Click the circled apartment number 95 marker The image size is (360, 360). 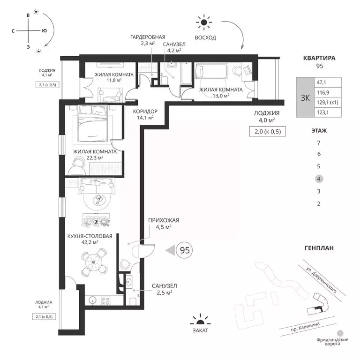(184, 250)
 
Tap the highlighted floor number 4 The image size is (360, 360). (319, 179)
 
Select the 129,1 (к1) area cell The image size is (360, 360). (328, 102)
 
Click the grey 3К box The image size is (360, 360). (305, 97)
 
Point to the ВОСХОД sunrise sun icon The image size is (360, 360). (203, 22)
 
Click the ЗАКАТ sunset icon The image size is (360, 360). (201, 320)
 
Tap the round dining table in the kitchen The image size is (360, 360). (93, 262)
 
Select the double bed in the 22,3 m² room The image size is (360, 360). (92, 123)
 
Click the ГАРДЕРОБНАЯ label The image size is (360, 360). (148, 37)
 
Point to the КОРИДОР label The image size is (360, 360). (145, 112)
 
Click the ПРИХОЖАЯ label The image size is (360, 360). (164, 220)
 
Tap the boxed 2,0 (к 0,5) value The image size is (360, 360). (268, 132)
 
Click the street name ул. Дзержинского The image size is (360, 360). (322, 280)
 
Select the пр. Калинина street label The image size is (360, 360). (305, 327)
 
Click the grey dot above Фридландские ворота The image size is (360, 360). (340, 333)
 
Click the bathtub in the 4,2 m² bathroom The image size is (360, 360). (186, 74)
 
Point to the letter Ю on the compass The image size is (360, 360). (45, 30)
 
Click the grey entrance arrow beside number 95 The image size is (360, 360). (170, 250)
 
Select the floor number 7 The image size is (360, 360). (318, 143)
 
